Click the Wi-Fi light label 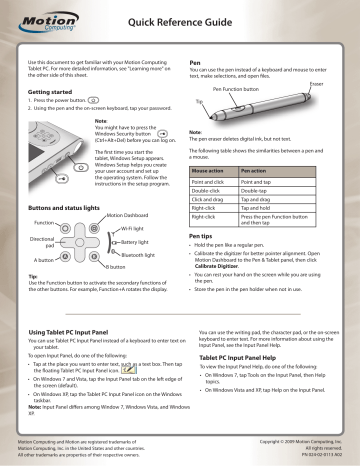pyautogui.click(x=130, y=201)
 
